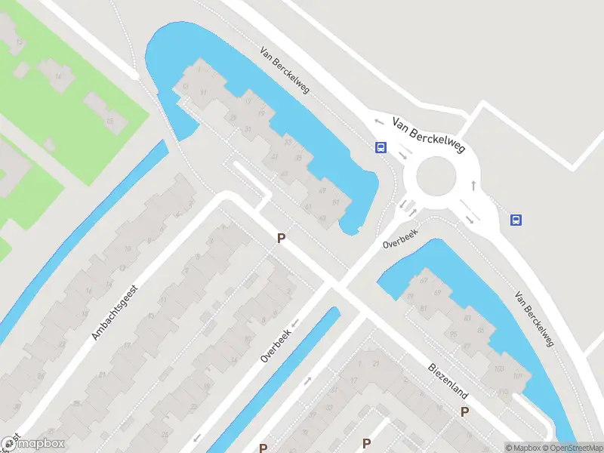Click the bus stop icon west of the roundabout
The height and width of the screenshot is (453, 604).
pyautogui.click(x=381, y=148)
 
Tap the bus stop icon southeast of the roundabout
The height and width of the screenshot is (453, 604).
pyautogui.click(x=516, y=220)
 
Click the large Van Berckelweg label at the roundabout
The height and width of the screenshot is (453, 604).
pyautogui.click(x=427, y=137)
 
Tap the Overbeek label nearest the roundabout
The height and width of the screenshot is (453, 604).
pyautogui.click(x=400, y=239)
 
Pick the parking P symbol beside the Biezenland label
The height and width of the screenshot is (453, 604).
pyautogui.click(x=465, y=411)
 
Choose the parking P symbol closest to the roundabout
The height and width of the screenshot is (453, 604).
pyautogui.click(x=281, y=239)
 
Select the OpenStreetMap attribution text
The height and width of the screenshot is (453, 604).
pyautogui.click(x=572, y=448)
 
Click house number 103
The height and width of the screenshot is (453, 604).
pyautogui.click(x=498, y=368)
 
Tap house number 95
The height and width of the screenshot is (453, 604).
pyautogui.click(x=454, y=334)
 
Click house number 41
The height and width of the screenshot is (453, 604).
pyautogui.click(x=274, y=158)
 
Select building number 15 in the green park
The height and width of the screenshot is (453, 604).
pyautogui.click(x=109, y=121)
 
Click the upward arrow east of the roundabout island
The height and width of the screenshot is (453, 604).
pyautogui.click(x=473, y=184)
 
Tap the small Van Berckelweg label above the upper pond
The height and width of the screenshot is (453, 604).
pyautogui.click(x=285, y=73)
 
